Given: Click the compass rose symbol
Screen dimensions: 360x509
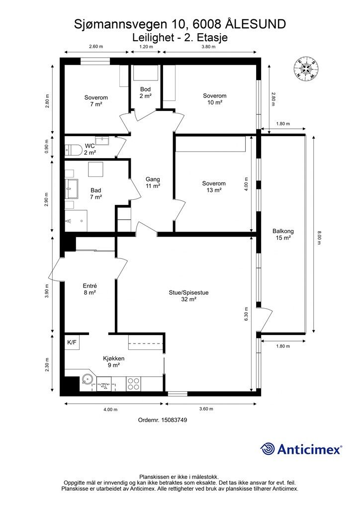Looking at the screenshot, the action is point(305,68).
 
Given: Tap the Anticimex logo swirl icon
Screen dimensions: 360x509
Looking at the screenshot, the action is point(268,449).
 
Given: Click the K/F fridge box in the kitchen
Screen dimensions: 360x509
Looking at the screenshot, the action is point(72,342).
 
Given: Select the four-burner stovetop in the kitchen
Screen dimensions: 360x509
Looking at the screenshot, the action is point(133,384).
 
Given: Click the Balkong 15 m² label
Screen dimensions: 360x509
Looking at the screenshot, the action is point(283,235).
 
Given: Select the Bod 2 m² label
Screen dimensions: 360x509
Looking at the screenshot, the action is point(146,92).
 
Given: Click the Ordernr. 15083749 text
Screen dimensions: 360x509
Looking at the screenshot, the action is point(163,420).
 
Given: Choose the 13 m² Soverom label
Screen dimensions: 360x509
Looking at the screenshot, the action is point(214,187).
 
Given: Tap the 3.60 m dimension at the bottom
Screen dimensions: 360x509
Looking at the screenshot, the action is point(206,409).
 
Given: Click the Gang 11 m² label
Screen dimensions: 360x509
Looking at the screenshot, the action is point(153,182).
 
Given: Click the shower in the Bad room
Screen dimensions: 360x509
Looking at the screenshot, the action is point(76,221).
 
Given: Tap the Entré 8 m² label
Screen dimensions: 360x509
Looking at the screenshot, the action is point(90,289).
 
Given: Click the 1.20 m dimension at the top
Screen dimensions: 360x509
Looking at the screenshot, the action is point(146,46).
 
